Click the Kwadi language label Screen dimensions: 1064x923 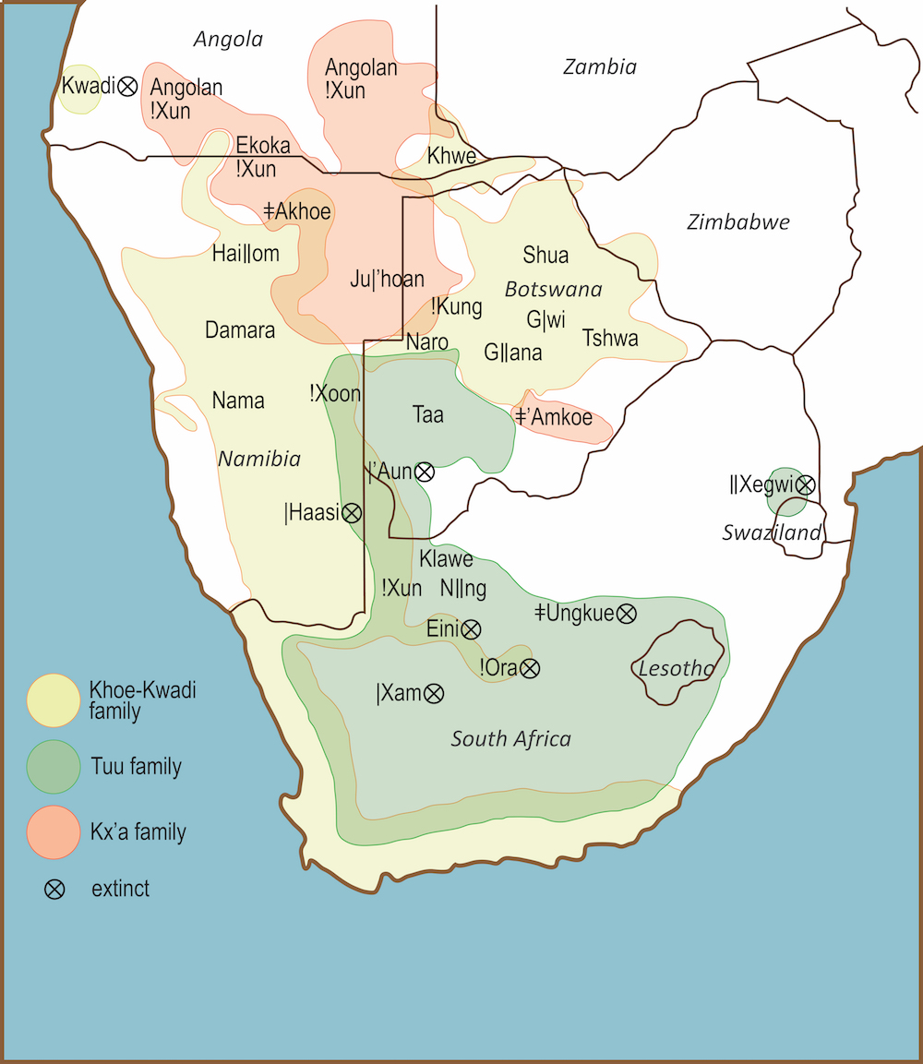[88, 86]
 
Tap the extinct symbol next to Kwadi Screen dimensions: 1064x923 [128, 86]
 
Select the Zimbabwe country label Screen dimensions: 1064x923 [738, 222]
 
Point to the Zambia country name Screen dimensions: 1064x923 [600, 66]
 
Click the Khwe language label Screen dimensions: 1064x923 [451, 156]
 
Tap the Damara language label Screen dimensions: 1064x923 [240, 329]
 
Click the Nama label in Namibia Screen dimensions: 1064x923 [238, 400]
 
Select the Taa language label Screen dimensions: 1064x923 [428, 414]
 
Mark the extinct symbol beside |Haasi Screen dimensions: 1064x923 [352, 513]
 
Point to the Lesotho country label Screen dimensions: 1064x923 [677, 668]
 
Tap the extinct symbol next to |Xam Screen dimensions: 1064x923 [434, 693]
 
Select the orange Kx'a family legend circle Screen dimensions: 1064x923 [54, 831]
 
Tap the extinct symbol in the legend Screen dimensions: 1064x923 [54, 890]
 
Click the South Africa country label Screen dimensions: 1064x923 [510, 738]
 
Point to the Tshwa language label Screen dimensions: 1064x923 [610, 338]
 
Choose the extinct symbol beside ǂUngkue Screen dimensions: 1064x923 [627, 612]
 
